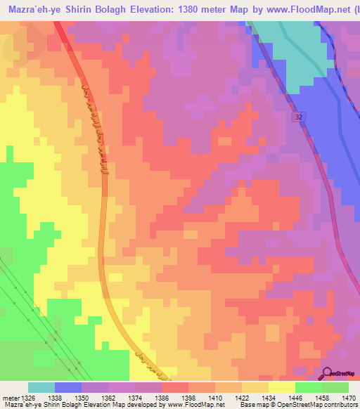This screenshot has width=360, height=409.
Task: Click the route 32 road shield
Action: (x=300, y=117)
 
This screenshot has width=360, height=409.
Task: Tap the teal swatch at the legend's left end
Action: (x=41, y=387)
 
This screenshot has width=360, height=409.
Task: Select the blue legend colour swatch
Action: (x=67, y=387)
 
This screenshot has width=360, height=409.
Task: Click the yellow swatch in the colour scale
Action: (x=281, y=387)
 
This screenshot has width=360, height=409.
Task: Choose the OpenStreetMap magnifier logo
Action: (x=327, y=374)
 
